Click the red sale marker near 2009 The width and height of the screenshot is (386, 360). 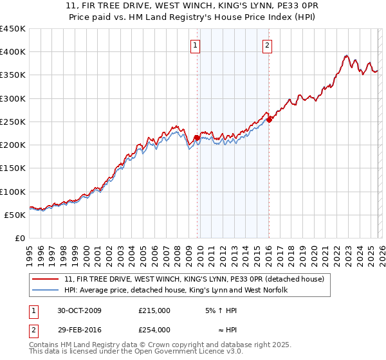pos(197,138)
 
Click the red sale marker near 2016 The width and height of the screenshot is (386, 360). pos(269,120)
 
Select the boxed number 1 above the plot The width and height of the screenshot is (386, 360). pos(194,45)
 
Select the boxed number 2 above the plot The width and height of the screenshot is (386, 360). pos(266,45)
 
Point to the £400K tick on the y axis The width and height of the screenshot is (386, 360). pos(13,52)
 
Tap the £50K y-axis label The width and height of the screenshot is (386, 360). pos(15,215)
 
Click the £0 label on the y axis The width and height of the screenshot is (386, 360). pos(19,238)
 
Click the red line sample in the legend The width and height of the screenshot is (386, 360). pos(46,279)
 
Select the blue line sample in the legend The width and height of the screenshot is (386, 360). pos(46,290)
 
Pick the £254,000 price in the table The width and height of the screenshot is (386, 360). pos(154,329)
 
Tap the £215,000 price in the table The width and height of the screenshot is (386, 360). pos(154,310)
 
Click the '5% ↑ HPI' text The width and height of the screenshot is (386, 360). pos(221,310)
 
